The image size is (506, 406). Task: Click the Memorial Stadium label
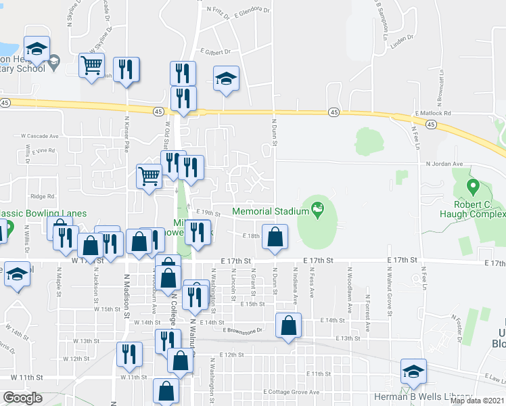click(x=270, y=211)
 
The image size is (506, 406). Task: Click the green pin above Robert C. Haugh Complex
click(x=473, y=185)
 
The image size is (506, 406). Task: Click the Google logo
click(x=22, y=398)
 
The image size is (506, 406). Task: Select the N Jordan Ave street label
click(x=443, y=163)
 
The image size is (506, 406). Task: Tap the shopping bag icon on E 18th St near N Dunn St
click(x=275, y=237)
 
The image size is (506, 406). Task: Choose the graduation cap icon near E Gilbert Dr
click(x=226, y=78)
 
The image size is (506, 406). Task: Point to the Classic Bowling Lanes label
click(x=43, y=213)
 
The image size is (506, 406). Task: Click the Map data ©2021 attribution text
click(x=478, y=401)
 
